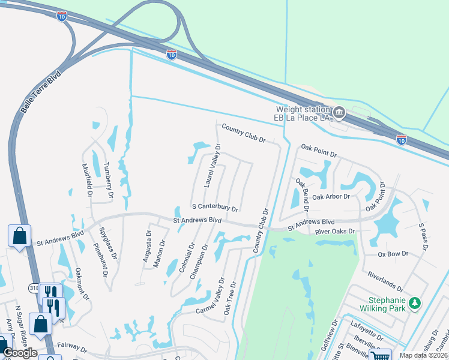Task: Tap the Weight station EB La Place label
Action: point(303,113)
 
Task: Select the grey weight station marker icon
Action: point(339,112)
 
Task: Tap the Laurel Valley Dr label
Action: point(212,166)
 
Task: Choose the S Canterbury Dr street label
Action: point(215,207)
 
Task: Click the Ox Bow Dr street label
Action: point(393,254)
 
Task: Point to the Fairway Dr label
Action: point(71,349)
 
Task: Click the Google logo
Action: point(20,353)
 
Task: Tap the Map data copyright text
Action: point(423,355)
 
